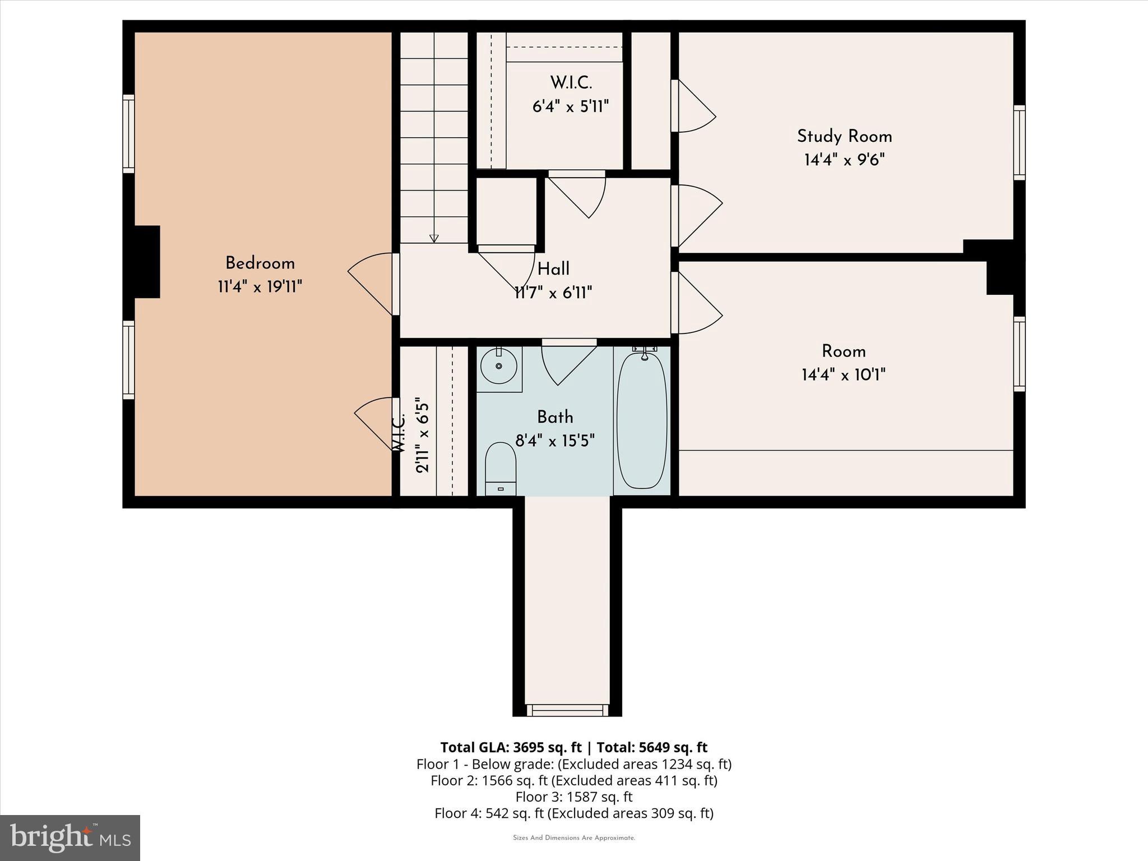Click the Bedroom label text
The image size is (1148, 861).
pos(260,263)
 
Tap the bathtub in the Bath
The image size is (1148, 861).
pos(642,420)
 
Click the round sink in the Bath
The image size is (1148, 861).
pos(499,365)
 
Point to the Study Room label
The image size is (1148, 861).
pos(844,137)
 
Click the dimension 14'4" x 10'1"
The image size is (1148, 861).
pos(843,375)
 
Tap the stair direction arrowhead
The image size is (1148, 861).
pos(434,238)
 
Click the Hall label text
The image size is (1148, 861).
pos(553,270)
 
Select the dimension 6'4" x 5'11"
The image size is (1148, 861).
pos(570,107)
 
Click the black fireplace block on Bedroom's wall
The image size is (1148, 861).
pos(147,261)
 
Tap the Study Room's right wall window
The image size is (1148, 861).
pos(1019,142)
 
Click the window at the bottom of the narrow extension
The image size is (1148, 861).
pos(567,710)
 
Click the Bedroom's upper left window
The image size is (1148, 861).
pos(129,133)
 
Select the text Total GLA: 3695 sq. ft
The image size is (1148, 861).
pos(511,747)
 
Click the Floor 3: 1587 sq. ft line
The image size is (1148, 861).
pos(573,797)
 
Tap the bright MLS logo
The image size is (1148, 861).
pos(70,837)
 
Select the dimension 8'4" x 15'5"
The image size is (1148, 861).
pos(554,441)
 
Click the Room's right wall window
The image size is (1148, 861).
pos(1019,354)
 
